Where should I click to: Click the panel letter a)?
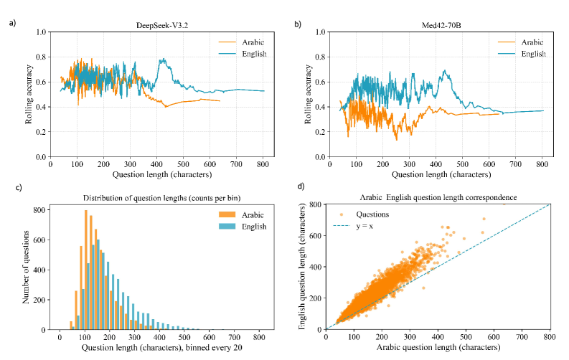[x=12, y=24]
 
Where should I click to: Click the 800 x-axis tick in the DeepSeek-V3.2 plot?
[x=263, y=164]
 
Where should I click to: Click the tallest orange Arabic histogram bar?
[x=85, y=270]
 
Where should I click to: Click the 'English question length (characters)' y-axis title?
[x=304, y=267]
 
